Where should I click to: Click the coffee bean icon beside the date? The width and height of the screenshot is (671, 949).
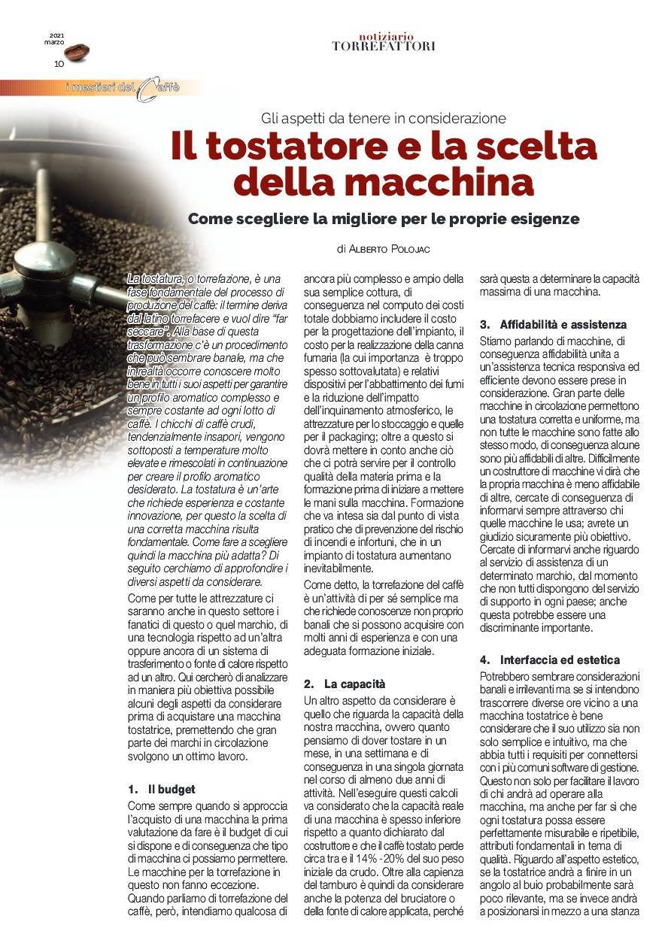[x=77, y=51]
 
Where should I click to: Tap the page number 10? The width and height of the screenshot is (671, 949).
[x=59, y=64]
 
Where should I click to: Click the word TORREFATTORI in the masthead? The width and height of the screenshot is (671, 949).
[x=384, y=47]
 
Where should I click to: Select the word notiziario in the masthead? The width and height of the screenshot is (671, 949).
[x=384, y=36]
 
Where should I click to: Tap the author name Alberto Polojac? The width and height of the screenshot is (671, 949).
[x=392, y=248]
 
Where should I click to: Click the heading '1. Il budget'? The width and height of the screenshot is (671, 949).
[x=162, y=790]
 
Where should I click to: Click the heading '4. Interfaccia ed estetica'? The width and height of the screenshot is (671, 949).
[x=550, y=660]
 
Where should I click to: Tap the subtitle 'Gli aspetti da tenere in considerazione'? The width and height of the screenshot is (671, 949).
[x=384, y=118]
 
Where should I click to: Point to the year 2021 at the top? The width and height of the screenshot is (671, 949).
[x=57, y=35]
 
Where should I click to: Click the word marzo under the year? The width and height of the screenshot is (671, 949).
[x=54, y=42]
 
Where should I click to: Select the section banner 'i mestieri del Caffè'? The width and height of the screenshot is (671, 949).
[x=123, y=88]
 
